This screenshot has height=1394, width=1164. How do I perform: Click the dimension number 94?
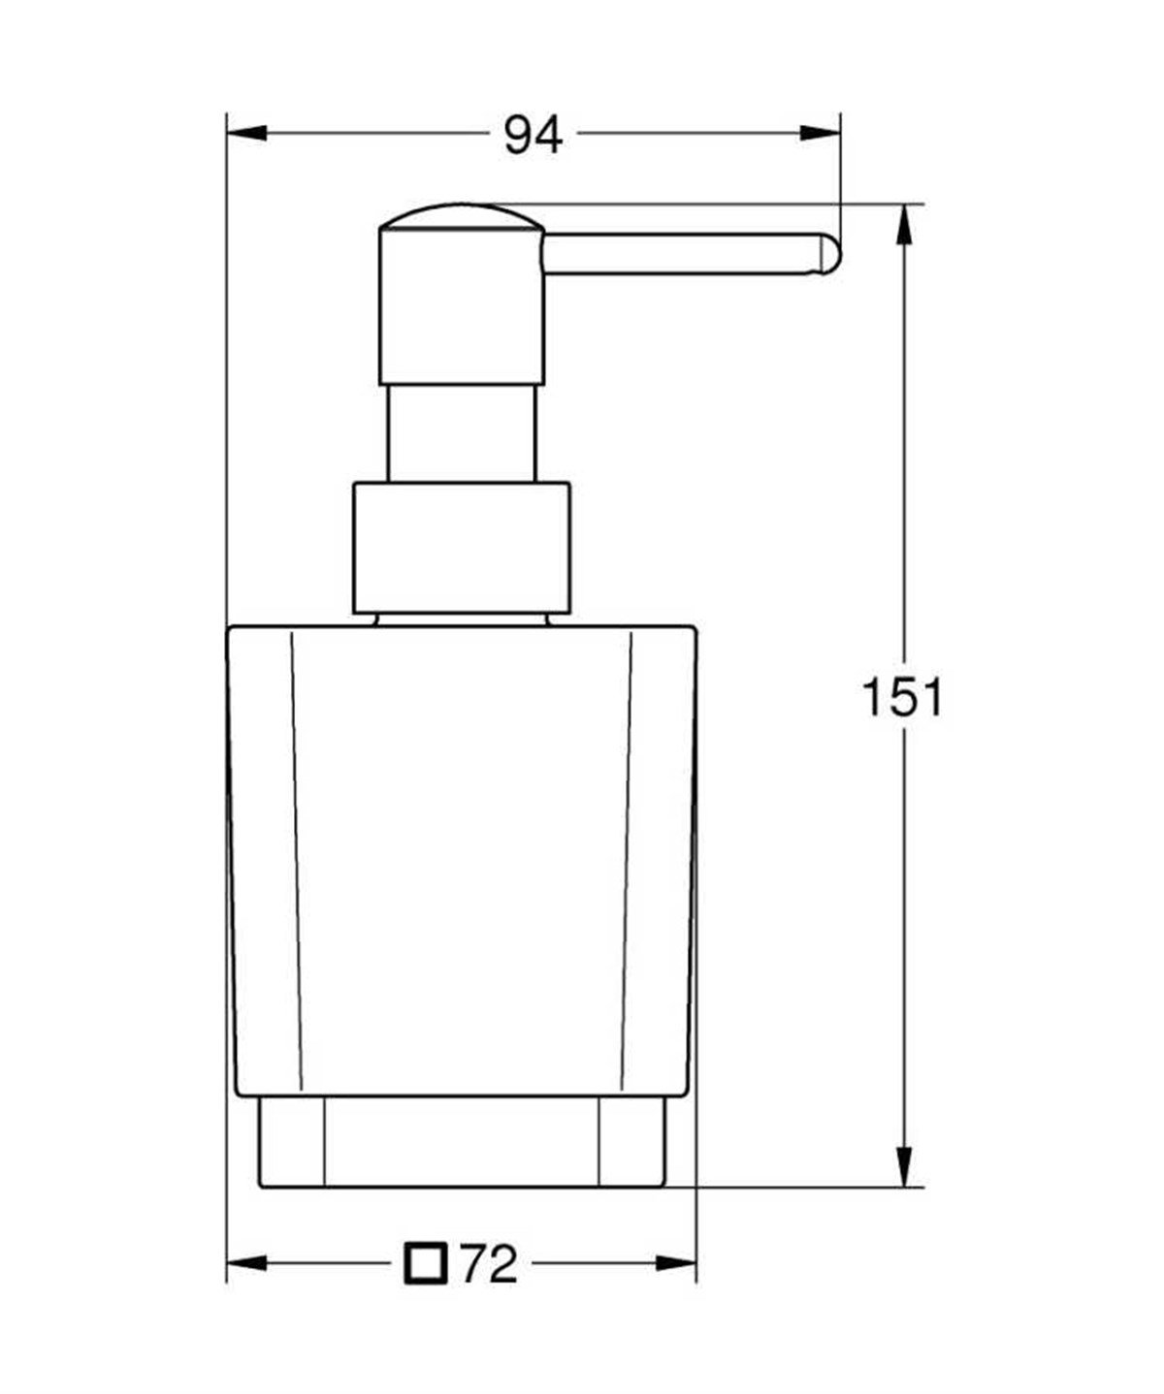tap(533, 136)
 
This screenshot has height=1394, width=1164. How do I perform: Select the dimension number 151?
tap(902, 696)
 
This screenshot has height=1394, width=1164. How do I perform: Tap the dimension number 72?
tap(490, 1263)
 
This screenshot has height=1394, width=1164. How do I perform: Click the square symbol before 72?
tap(425, 1263)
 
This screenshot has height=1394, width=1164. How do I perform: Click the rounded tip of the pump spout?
tap(830, 254)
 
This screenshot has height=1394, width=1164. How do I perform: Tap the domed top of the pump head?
tap(461, 216)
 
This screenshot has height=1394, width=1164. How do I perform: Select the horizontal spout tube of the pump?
tap(679, 255)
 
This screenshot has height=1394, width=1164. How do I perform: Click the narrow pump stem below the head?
tap(461, 431)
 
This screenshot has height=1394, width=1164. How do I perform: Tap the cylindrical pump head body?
tap(461, 310)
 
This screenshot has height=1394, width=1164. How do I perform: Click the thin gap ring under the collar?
tap(461, 618)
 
